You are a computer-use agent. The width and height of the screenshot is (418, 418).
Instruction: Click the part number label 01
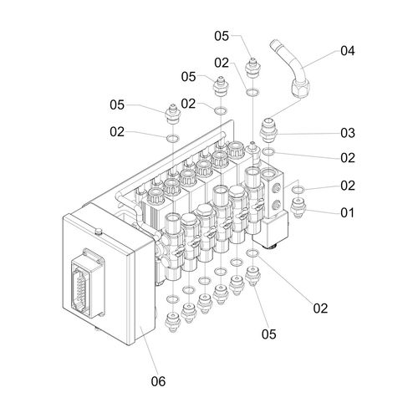click(x=347, y=213)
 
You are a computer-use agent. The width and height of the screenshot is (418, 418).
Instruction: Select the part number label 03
click(x=348, y=133)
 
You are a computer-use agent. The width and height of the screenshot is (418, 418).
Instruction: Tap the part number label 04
click(x=348, y=51)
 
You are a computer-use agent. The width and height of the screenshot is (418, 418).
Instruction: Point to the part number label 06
click(x=158, y=381)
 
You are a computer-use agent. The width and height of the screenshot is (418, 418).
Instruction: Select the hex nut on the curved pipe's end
click(x=300, y=88)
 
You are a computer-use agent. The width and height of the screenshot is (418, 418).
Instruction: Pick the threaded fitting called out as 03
click(x=268, y=130)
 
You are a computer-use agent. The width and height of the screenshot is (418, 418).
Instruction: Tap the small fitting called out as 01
click(x=298, y=207)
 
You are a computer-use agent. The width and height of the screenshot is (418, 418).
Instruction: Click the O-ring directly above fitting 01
click(x=298, y=190)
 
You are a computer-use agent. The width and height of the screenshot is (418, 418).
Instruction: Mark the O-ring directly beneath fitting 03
click(x=269, y=151)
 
